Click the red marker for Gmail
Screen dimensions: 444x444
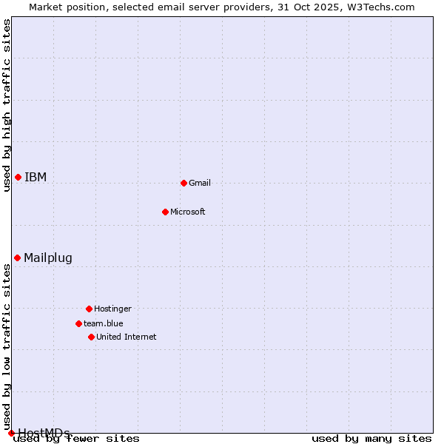pyautogui.click(x=184, y=183)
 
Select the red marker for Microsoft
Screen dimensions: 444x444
pyautogui.click(x=165, y=212)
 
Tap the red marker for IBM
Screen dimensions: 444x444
pyautogui.click(x=18, y=177)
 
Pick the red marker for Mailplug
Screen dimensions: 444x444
pyautogui.click(x=17, y=258)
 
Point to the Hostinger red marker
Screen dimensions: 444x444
pyautogui.click(x=89, y=309)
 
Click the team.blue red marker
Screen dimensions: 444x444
pyautogui.click(x=78, y=323)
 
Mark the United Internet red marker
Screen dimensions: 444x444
pyautogui.click(x=91, y=337)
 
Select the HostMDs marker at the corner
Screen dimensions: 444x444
pyautogui.click(x=11, y=433)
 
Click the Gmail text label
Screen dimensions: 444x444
pyautogui.click(x=200, y=183)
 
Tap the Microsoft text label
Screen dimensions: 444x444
pyautogui.click(x=188, y=212)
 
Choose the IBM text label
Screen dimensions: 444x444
pyautogui.click(x=36, y=177)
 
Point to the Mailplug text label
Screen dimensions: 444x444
pyautogui.click(x=48, y=258)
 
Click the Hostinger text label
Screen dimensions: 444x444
pyautogui.click(x=112, y=309)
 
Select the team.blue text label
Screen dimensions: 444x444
pyautogui.click(x=104, y=323)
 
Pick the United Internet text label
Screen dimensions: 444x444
pyautogui.click(x=127, y=337)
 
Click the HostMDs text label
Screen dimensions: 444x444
pyautogui.click(x=44, y=433)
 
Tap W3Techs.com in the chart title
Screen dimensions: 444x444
pyautogui.click(x=380, y=7)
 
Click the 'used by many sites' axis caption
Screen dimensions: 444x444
pyautogui.click(x=371, y=438)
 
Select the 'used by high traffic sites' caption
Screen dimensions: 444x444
pyautogui.click(x=7, y=105)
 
